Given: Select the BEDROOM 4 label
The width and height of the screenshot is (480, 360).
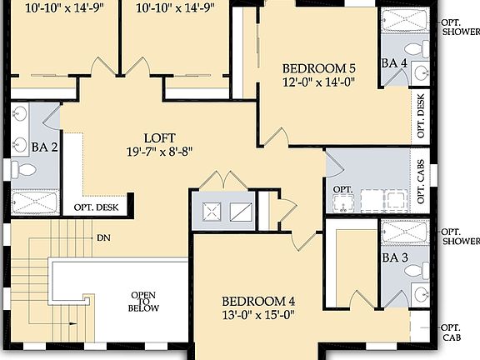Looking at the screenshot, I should pyautogui.click(x=258, y=301).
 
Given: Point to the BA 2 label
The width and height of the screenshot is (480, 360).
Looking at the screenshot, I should pyautogui.click(x=43, y=147).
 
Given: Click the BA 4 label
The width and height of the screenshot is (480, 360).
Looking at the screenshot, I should pyautogui.click(x=394, y=62).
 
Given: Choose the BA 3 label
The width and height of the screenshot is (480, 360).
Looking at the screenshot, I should pyautogui.click(x=394, y=258).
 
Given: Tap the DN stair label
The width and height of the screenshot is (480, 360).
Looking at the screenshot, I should pyautogui.click(x=103, y=238).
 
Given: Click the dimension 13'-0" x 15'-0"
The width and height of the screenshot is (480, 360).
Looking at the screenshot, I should pyautogui.click(x=258, y=315).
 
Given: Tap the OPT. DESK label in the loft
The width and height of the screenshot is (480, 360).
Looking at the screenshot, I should pyautogui.click(x=96, y=207).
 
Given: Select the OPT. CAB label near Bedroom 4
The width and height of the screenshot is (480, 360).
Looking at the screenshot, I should pyautogui.click(x=451, y=332).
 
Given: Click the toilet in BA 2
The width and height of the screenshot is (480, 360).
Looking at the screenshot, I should pyautogui.click(x=26, y=171).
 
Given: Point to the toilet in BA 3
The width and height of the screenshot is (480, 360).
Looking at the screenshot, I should pyautogui.click(x=420, y=294).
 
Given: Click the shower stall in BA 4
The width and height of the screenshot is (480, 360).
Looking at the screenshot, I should pyautogui.click(x=405, y=20).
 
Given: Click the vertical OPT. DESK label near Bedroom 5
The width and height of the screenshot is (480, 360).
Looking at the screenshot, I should pyautogui.click(x=422, y=115).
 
